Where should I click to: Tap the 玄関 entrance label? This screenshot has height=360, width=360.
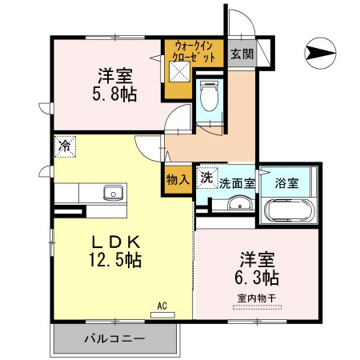[242, 54]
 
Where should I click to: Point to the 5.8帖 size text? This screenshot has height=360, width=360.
[114, 94]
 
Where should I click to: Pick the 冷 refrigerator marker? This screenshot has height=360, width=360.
[63, 146]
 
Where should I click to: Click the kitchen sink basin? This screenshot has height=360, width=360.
[112, 192]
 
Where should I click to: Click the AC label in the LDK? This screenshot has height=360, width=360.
[162, 305]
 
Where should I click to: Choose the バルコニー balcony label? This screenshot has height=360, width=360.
[114, 339]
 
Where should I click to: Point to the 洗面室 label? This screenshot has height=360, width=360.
[238, 182]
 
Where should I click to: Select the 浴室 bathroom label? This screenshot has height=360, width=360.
[286, 182]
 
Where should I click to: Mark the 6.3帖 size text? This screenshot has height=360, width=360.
[258, 279]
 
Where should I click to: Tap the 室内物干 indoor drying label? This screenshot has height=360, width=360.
[258, 299]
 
